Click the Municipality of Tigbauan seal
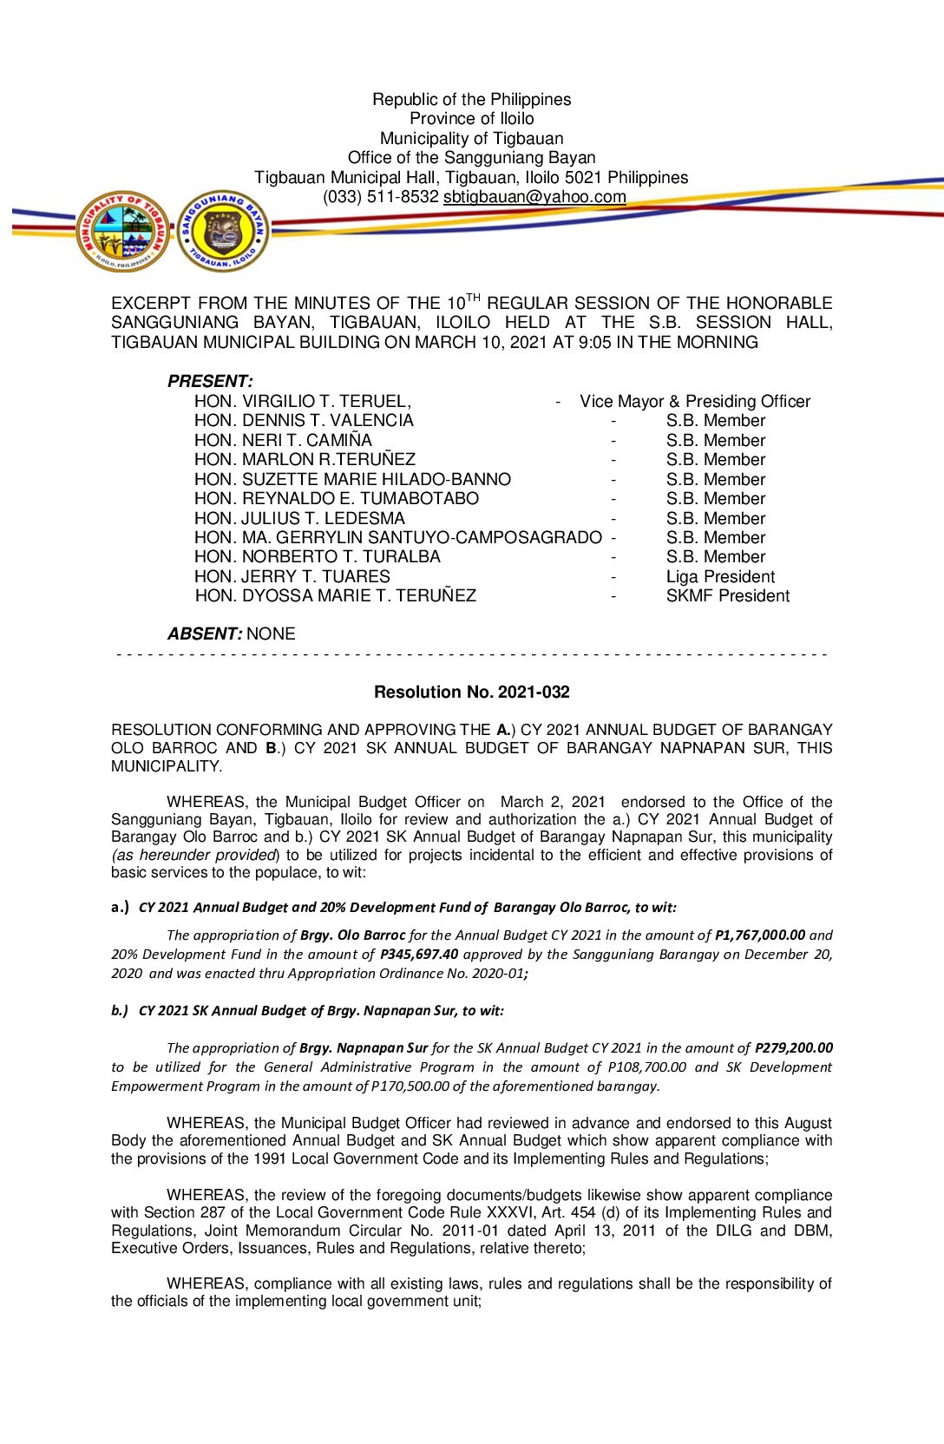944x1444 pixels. tap(122, 231)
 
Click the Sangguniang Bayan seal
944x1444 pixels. tap(223, 231)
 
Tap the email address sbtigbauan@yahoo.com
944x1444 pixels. tap(534, 197)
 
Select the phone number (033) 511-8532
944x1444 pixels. tap(381, 197)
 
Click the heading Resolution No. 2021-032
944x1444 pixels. tap(471, 692)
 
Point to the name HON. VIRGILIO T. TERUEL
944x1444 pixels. tap(302, 402)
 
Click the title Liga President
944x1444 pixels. tap(720, 577)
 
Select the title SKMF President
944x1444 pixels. tap(727, 596)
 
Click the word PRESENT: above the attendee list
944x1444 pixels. tap(210, 382)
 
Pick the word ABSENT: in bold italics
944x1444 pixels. tap(205, 634)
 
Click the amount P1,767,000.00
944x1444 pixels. tap(760, 935)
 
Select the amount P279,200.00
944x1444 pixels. tap(793, 1048)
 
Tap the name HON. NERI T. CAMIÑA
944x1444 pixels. tap(283, 441)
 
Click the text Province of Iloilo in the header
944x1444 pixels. tap(471, 119)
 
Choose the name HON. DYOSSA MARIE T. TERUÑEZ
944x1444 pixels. tap(335, 596)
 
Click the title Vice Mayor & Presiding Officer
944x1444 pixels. tap(695, 402)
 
